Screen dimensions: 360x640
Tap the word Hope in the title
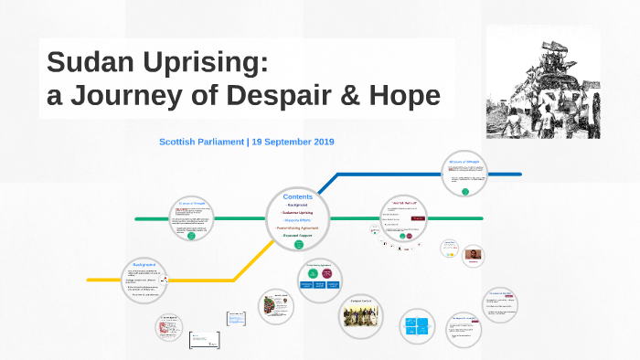403,95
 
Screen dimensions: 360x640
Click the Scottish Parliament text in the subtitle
201,142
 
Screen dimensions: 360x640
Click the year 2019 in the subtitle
320,142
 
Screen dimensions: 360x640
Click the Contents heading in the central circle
298,196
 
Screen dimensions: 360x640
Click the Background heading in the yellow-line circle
144,264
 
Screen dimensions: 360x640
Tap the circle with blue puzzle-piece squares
422,326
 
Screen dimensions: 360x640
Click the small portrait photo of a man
474,255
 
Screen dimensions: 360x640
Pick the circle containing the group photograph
360,315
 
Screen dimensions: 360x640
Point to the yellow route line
183,279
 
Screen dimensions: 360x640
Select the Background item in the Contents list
298,206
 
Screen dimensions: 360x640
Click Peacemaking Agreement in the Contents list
298,228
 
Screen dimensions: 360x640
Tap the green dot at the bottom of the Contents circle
298,244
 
